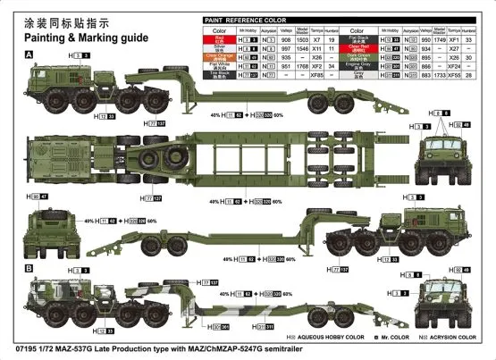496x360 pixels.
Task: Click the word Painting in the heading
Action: (x=51, y=38)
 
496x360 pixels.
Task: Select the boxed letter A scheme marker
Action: (x=29, y=55)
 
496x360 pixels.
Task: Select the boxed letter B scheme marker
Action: (x=29, y=268)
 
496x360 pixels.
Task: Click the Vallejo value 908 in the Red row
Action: (x=285, y=39)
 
